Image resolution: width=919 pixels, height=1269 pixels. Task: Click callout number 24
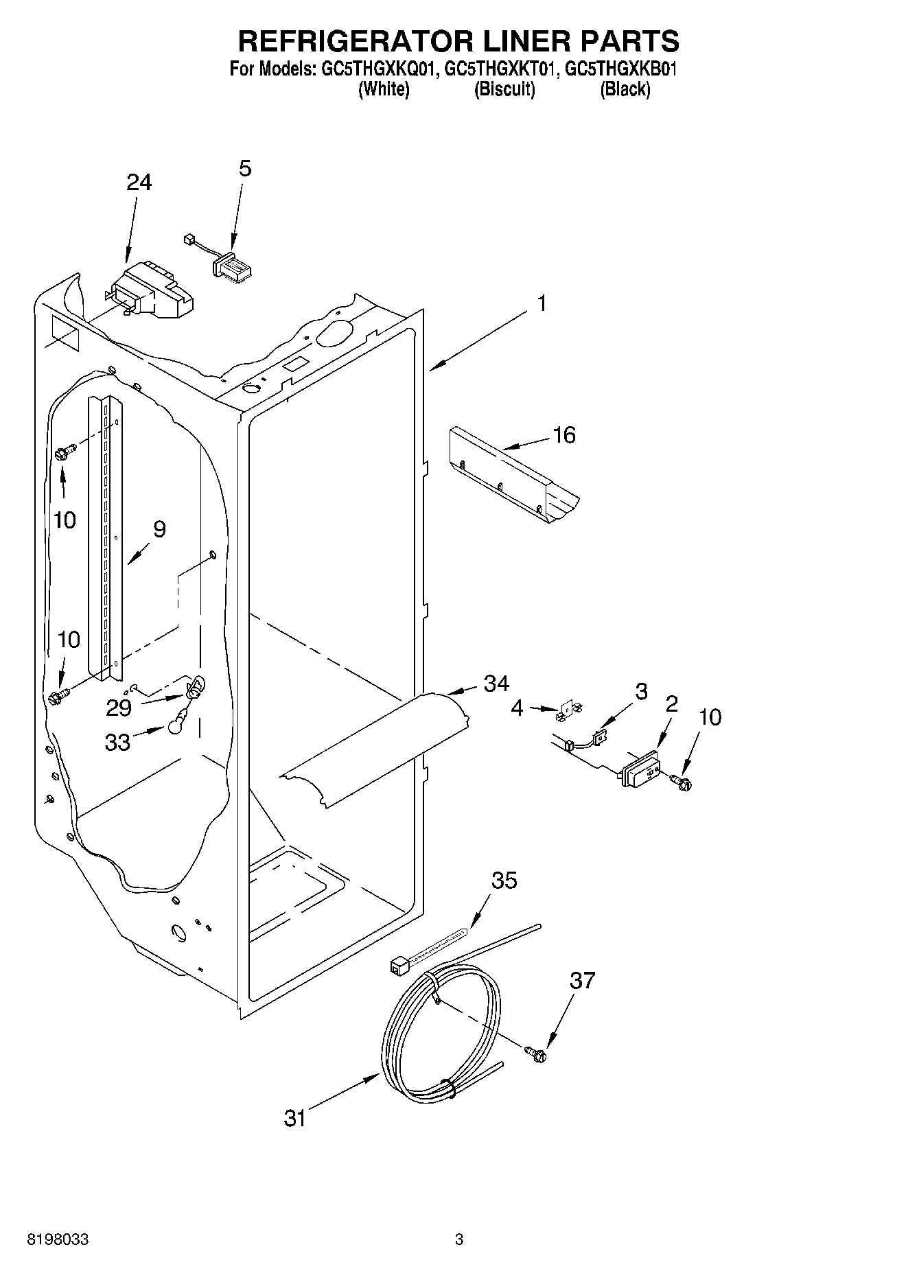point(139,183)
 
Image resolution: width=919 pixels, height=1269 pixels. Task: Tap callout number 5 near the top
point(245,169)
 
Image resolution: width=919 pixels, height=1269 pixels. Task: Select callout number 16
point(564,435)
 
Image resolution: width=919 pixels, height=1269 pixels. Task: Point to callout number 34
point(496,683)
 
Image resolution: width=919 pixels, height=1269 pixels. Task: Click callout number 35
point(504,881)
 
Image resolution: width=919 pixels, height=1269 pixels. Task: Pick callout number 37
point(582,981)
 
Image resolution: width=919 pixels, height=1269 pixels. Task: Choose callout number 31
point(294,1118)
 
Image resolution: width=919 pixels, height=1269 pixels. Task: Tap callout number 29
point(119,708)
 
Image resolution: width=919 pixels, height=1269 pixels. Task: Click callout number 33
point(117,742)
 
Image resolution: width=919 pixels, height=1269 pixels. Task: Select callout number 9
point(159,529)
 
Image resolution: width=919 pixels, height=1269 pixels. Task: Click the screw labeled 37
point(535,1053)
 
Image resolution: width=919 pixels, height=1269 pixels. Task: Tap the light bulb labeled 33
point(176,720)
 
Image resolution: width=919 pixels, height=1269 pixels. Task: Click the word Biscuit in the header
point(504,89)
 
